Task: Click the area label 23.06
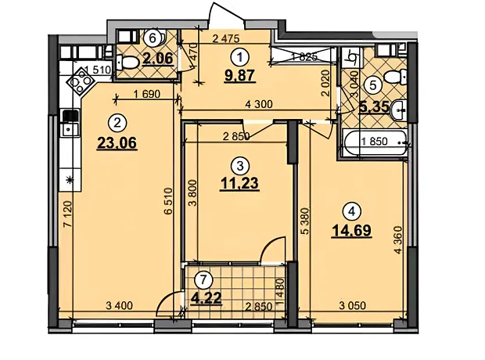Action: (117, 143)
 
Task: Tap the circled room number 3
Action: (239, 166)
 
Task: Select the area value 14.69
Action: (351, 231)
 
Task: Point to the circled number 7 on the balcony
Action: (203, 280)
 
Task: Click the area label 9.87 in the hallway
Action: (239, 76)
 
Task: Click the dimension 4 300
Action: (259, 104)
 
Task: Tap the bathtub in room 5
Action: (375, 142)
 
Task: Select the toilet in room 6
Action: (128, 63)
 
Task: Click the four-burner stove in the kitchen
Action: (81, 81)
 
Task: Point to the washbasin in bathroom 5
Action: (399, 110)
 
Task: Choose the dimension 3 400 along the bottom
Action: (119, 306)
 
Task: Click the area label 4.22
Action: (207, 298)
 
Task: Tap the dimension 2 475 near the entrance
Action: (226, 38)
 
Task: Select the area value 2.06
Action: (157, 58)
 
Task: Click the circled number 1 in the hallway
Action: (239, 57)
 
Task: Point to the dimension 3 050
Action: (352, 306)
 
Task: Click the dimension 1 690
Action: (146, 93)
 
